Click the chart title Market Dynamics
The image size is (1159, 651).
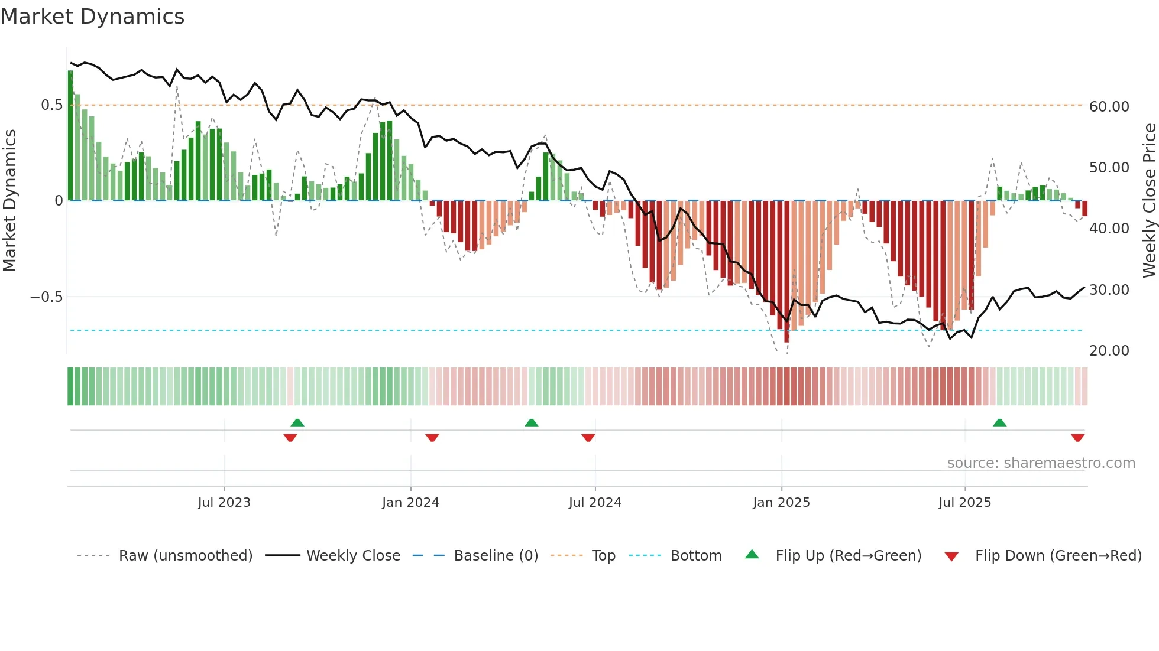pos(93,17)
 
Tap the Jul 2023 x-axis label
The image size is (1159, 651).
pos(224,503)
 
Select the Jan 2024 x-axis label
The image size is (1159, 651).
pos(410,503)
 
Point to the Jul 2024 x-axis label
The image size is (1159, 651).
pos(595,503)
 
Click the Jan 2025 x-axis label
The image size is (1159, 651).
pos(781,503)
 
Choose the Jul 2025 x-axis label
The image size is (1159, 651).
pos(964,503)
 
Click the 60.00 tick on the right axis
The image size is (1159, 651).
pos(1109,107)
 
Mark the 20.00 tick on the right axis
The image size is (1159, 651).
pos(1109,351)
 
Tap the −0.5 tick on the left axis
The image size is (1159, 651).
pos(47,297)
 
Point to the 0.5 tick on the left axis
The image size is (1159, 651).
pos(51,105)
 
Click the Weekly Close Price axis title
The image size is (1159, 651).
pos(1149,201)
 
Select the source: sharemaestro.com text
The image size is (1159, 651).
pos(1041,463)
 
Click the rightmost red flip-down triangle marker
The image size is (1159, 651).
pos(1077,438)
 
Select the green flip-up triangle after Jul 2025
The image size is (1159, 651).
pos(999,423)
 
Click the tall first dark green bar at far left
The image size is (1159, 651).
pos(71,136)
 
